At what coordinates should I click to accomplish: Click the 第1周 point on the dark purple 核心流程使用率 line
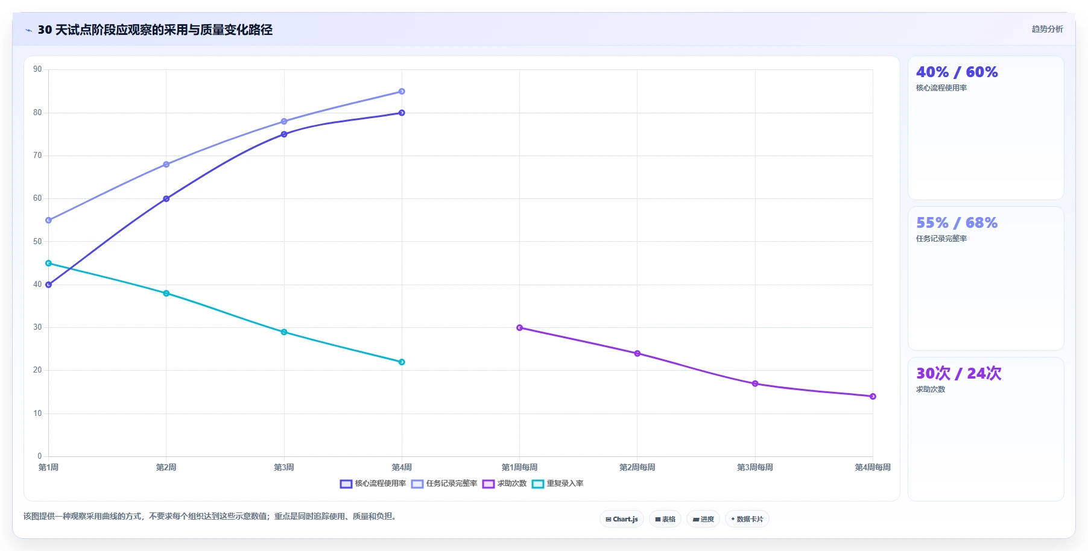tap(48, 285)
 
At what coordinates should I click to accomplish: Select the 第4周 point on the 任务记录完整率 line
tap(402, 92)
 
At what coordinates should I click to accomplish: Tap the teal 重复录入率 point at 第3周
tap(284, 332)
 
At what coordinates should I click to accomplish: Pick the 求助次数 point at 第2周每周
tap(637, 353)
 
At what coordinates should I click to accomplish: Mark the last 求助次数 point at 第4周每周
tap(873, 396)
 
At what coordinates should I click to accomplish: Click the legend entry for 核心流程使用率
tap(373, 483)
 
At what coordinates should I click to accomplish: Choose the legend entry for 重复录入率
tap(557, 483)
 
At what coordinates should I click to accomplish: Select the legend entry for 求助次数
tap(504, 483)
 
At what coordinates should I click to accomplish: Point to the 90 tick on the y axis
tap(38, 69)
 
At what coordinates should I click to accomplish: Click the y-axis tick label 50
tap(38, 242)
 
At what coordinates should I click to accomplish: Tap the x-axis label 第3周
tap(284, 467)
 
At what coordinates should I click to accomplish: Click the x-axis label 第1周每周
tap(519, 467)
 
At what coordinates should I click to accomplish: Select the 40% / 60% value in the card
tap(957, 72)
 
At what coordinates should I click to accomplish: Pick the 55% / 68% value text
tap(957, 223)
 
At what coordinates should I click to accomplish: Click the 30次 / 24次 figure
tap(959, 374)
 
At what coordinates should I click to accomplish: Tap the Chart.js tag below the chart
tap(622, 519)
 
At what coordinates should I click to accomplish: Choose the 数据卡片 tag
tap(747, 519)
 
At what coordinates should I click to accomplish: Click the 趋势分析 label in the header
tap(1047, 29)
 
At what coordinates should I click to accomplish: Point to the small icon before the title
tap(28, 30)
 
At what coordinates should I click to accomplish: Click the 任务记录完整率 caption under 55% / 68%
tap(941, 239)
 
